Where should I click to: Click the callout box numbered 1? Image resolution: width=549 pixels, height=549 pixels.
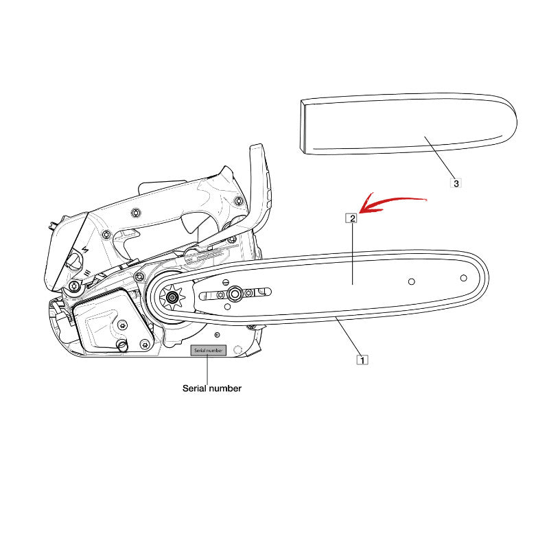pyautogui.click(x=362, y=360)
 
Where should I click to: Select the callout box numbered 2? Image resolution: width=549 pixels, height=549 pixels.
pyautogui.click(x=352, y=218)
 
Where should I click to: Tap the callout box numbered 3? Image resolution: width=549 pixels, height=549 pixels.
pyautogui.click(x=456, y=183)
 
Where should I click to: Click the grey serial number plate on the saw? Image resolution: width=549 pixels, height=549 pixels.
pyautogui.click(x=208, y=350)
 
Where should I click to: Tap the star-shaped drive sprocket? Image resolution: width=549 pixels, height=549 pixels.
pyautogui.click(x=172, y=297)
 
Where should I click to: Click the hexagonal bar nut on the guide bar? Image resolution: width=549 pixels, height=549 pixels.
pyautogui.click(x=234, y=294)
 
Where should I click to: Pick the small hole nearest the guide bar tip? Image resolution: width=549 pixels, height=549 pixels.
pyautogui.click(x=463, y=278)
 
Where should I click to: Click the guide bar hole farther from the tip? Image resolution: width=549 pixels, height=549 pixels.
pyautogui.click(x=411, y=281)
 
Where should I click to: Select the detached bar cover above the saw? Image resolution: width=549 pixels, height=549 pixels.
pyautogui.click(x=408, y=124)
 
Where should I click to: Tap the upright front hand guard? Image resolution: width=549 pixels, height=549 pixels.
pyautogui.click(x=260, y=185)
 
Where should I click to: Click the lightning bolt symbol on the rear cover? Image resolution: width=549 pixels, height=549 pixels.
pyautogui.click(x=84, y=250)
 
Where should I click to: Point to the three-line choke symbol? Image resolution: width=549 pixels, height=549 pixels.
pyautogui.click(x=87, y=272)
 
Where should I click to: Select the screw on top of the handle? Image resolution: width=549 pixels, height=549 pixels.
pyautogui.click(x=136, y=213)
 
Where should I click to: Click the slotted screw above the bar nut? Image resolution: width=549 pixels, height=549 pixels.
pyautogui.click(x=226, y=282)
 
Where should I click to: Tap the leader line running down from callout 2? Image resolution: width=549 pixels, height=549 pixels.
pyautogui.click(x=352, y=254)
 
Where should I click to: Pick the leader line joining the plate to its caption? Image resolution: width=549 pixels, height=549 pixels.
pyautogui.click(x=208, y=370)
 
